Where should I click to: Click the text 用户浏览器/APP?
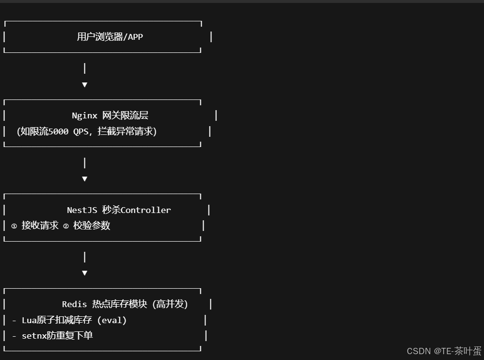(x=110, y=36)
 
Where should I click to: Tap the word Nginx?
(x=84, y=115)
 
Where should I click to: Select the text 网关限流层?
(x=125, y=115)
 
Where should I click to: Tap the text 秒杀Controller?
(x=136, y=210)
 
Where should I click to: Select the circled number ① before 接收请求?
(x=14, y=226)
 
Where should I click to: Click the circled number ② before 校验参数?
(x=66, y=226)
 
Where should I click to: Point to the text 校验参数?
(x=92, y=226)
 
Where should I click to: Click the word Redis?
(x=74, y=304)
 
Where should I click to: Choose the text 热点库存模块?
(x=119, y=304)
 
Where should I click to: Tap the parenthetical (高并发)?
(x=170, y=304)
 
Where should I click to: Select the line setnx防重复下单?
(x=57, y=335)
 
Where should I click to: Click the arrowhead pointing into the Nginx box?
(x=84, y=85)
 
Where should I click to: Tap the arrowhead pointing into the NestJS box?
(x=84, y=179)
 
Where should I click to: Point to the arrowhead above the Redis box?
(x=84, y=273)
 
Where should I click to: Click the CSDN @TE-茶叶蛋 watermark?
(x=443, y=351)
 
